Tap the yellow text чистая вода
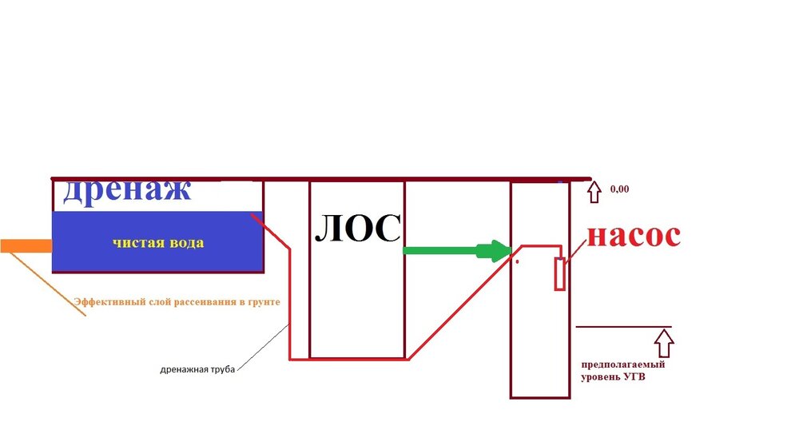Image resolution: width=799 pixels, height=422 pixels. click(157, 243)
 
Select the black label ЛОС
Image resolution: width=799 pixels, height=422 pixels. click(356, 229)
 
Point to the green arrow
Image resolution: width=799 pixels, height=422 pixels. click(456, 250)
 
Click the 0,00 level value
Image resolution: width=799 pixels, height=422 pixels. click(620, 190)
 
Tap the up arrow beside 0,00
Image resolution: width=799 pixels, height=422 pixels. click(593, 191)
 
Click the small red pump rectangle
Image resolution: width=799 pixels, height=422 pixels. click(561, 273)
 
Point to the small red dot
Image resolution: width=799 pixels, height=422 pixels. click(518, 261)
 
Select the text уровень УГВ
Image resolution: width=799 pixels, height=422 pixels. click(613, 376)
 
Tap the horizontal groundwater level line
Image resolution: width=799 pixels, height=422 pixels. click(623, 327)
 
